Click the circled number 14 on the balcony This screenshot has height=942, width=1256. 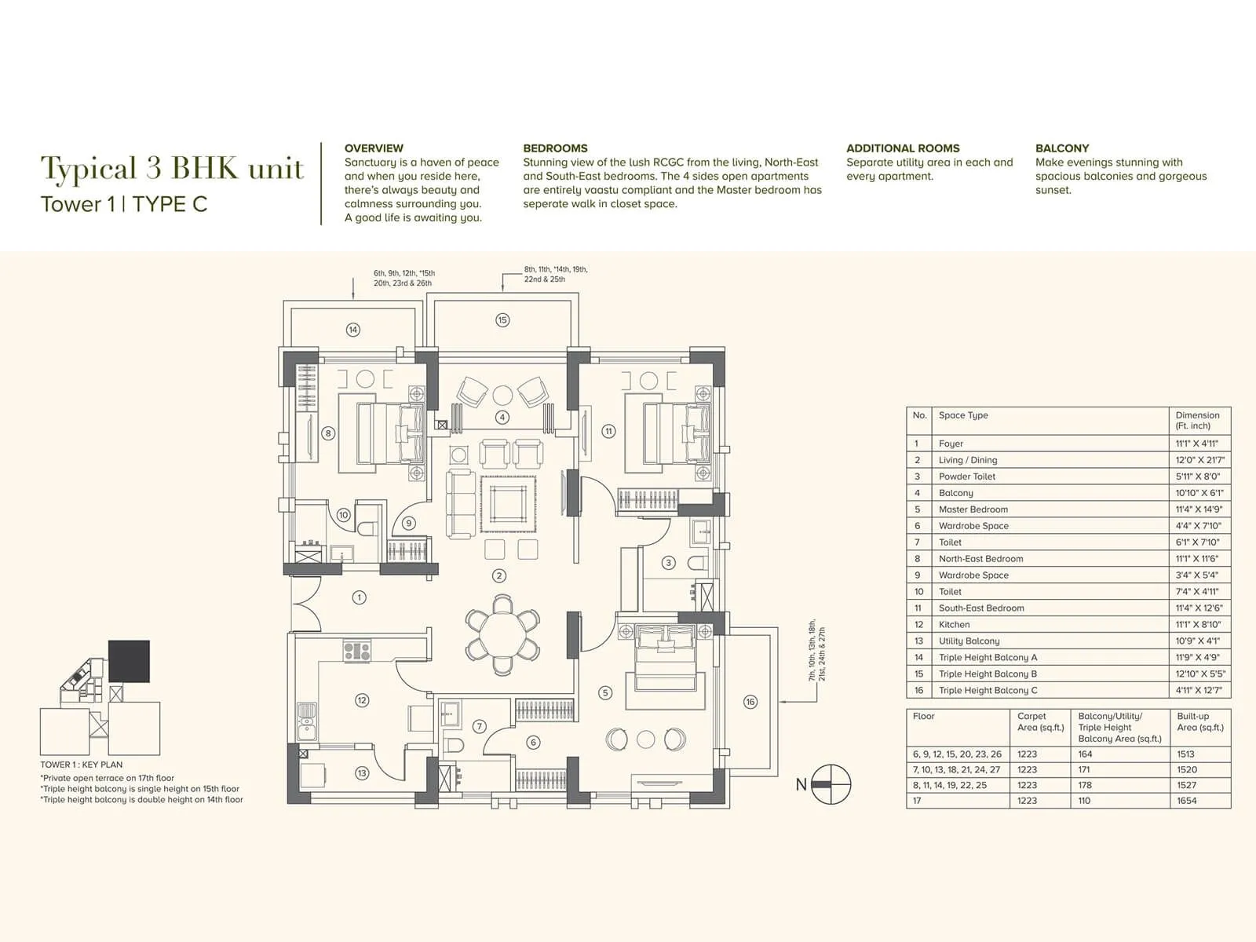click(353, 330)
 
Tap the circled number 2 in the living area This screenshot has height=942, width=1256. click(499, 575)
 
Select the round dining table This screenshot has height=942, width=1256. click(502, 633)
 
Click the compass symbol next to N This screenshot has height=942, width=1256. click(831, 784)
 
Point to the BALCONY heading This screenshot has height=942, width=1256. click(1061, 148)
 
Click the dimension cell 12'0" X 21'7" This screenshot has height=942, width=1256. click(1199, 460)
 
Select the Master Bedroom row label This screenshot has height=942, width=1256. click(973, 509)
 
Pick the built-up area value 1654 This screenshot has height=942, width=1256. click(1186, 801)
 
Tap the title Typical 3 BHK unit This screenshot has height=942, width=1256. click(172, 168)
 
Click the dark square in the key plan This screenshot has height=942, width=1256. click(129, 661)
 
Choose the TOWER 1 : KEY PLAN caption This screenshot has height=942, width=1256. click(82, 765)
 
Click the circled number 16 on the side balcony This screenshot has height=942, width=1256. click(750, 702)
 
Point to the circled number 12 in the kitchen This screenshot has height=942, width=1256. click(362, 700)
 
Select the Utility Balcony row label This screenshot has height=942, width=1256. click(969, 641)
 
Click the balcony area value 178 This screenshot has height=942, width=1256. click(1084, 785)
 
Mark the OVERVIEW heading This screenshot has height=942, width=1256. click(374, 148)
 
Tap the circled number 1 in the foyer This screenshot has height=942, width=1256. click(359, 597)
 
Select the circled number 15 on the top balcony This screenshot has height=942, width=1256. click(502, 319)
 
